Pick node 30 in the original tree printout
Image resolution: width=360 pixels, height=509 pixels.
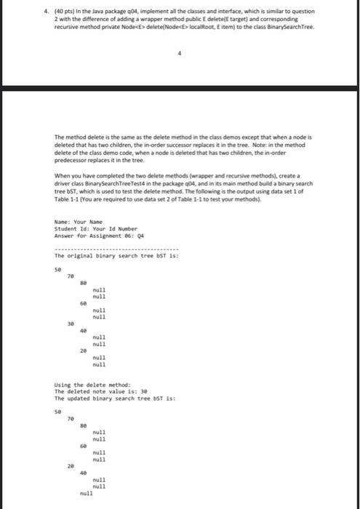click(71, 322)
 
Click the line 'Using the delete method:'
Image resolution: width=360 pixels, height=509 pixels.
click(83, 384)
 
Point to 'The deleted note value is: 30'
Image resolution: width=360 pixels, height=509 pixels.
click(91, 390)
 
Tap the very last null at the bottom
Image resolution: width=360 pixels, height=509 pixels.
click(86, 493)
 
